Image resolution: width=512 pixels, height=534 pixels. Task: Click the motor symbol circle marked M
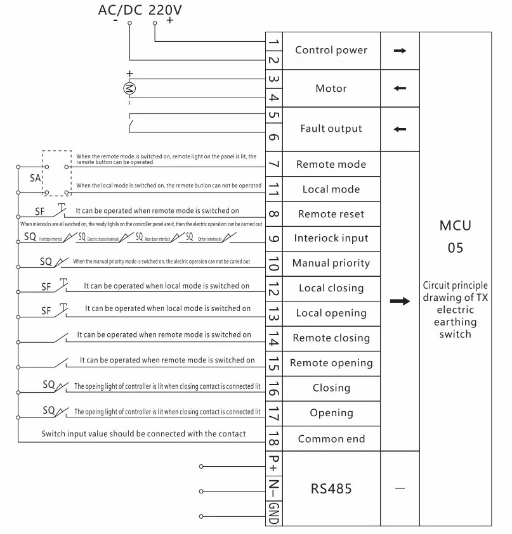[x=129, y=87]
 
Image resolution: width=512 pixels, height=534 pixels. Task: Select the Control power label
[x=331, y=50]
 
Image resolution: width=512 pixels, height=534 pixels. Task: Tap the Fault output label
[x=331, y=129]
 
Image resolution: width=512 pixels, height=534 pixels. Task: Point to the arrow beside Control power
[x=400, y=50]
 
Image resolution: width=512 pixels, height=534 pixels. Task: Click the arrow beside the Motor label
[x=400, y=88]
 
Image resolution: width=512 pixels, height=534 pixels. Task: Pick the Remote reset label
[x=331, y=214]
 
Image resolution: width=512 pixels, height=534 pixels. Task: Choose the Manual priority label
[x=331, y=263]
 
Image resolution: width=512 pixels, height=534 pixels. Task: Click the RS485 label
[x=331, y=488]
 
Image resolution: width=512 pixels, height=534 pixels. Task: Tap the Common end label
[x=331, y=438]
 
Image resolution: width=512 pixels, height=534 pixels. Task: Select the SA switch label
[x=36, y=178]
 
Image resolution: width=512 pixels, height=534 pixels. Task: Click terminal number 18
[x=273, y=438]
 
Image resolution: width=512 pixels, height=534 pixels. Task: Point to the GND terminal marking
[x=273, y=512]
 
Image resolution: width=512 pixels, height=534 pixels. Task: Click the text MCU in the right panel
[x=455, y=226]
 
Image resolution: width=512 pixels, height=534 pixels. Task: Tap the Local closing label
[x=331, y=288]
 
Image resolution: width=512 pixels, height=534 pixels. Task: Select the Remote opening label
[x=331, y=363]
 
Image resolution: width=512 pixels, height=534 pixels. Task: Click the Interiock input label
[x=331, y=239]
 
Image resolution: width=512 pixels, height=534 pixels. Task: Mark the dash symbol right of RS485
[x=400, y=488]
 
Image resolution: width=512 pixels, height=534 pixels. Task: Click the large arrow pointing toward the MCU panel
[x=400, y=301]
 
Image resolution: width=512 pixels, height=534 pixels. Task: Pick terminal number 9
[x=273, y=239]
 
